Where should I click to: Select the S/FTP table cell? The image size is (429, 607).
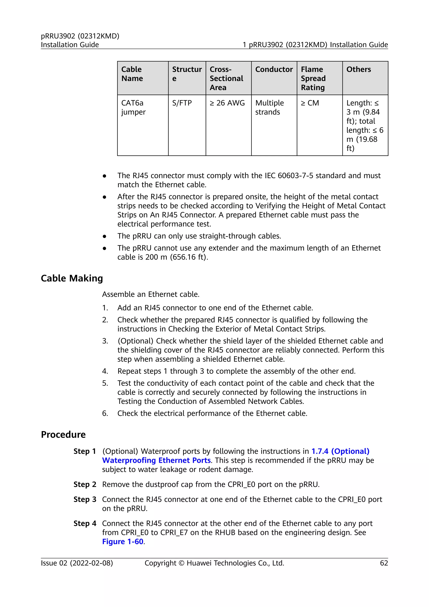182,103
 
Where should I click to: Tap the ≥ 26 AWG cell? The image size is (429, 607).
227,103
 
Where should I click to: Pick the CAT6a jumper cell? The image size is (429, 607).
133,107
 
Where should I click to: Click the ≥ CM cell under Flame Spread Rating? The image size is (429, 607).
310,103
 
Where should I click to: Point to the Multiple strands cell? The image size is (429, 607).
269,107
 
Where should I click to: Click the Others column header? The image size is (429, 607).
358,69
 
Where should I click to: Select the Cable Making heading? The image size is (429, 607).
72,278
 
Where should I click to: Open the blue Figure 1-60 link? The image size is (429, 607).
123,541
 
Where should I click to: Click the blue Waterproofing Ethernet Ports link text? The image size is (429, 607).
156,460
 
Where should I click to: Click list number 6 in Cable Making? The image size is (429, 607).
105,413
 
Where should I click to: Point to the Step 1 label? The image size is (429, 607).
85,451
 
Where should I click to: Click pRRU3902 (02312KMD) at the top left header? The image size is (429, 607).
80,36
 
